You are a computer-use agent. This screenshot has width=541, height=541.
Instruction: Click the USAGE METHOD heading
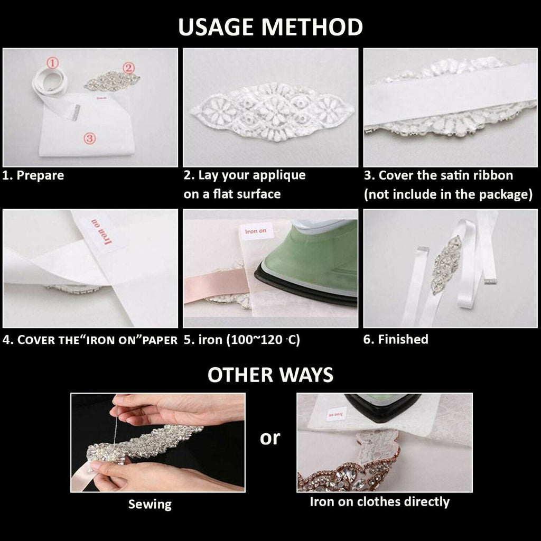click(270, 27)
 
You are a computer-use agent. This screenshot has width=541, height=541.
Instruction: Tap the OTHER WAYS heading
click(270, 375)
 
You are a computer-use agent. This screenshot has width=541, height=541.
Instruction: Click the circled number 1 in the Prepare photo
click(52, 63)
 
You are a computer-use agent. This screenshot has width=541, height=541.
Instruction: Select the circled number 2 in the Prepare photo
click(128, 68)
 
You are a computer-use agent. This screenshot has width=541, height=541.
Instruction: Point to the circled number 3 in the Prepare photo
click(89, 138)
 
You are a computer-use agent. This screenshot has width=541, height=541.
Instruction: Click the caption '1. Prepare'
click(33, 175)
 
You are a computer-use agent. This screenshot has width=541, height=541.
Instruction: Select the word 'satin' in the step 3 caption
click(450, 175)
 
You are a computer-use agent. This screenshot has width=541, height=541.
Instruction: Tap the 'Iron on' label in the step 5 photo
click(256, 231)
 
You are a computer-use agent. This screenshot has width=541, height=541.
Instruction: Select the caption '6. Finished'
click(396, 339)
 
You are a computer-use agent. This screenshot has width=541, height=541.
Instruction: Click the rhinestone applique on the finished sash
click(447, 264)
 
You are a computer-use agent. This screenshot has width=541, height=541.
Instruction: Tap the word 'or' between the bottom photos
click(270, 438)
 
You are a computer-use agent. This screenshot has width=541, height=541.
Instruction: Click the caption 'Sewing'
click(150, 505)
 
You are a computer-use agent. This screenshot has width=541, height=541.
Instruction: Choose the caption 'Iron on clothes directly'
click(379, 502)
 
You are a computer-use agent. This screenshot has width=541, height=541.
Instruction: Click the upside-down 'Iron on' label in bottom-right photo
click(336, 414)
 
